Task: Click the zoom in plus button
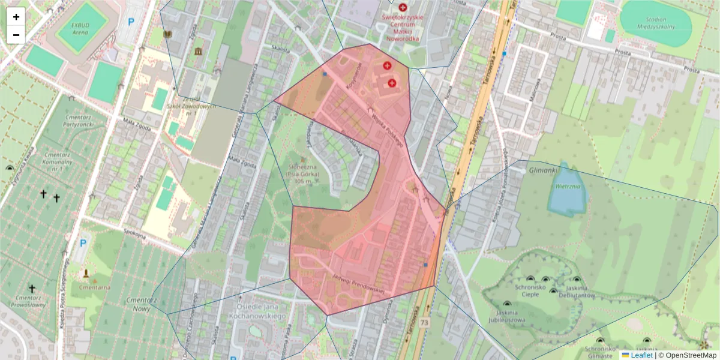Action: click(16, 17)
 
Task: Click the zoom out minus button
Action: click(16, 35)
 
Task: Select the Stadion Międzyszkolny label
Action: click(656, 23)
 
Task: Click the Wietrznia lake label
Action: click(567, 187)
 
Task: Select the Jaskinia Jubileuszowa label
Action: click(507, 316)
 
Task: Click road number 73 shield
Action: click(425, 323)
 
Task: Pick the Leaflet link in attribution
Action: click(641, 355)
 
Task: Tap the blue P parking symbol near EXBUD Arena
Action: click(131, 22)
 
